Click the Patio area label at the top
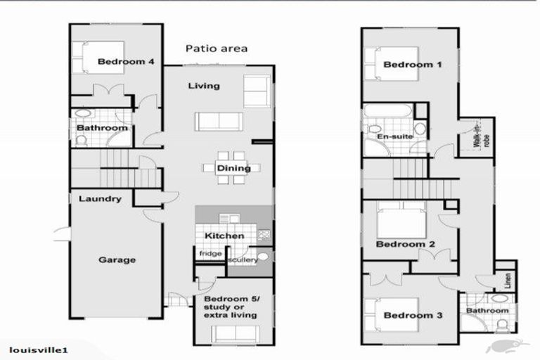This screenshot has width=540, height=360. click(216, 49)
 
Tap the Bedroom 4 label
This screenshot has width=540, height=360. click(126, 62)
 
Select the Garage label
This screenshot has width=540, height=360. click(117, 259)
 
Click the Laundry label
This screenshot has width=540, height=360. click(100, 199)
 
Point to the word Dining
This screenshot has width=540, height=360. click(233, 168)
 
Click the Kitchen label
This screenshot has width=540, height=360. click(224, 236)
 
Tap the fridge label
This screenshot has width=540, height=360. click(210, 253)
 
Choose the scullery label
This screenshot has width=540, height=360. click(241, 260)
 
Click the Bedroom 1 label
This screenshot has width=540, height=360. click(413, 65)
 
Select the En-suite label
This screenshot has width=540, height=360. click(391, 136)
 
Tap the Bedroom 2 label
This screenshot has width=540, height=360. click(405, 245)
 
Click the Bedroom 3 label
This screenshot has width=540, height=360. click(413, 315)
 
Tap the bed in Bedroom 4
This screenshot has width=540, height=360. click(89, 58)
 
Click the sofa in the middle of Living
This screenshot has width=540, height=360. click(219, 121)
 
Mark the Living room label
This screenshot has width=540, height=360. click(204, 86)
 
